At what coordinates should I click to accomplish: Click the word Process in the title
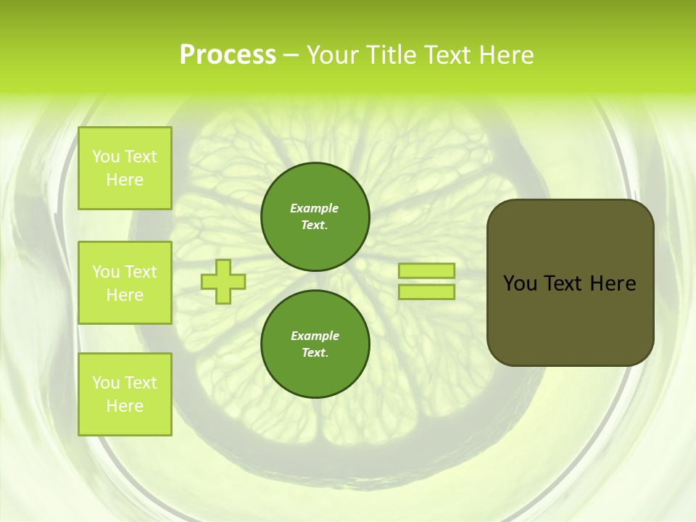[x=228, y=55]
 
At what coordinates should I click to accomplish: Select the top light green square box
[x=125, y=168]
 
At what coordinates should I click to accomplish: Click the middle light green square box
[x=125, y=283]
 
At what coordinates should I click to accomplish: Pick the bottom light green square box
[x=125, y=394]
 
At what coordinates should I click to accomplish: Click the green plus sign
[x=223, y=281]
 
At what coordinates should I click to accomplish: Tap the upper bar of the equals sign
[x=426, y=270]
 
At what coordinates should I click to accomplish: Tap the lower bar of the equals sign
[x=426, y=291]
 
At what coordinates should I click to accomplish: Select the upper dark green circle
[x=315, y=216]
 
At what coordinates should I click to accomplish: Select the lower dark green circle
[x=315, y=344]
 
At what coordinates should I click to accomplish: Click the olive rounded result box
[x=570, y=282]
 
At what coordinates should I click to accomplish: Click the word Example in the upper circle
[x=315, y=208]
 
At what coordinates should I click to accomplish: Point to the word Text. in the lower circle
[x=315, y=353]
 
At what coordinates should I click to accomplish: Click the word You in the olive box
[x=519, y=283]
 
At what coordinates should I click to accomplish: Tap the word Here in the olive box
[x=613, y=283]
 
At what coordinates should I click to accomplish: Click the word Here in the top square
[x=125, y=180]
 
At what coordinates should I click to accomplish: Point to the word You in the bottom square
[x=106, y=383]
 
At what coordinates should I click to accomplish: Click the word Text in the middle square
[x=141, y=272]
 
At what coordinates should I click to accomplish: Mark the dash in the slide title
[x=291, y=55]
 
